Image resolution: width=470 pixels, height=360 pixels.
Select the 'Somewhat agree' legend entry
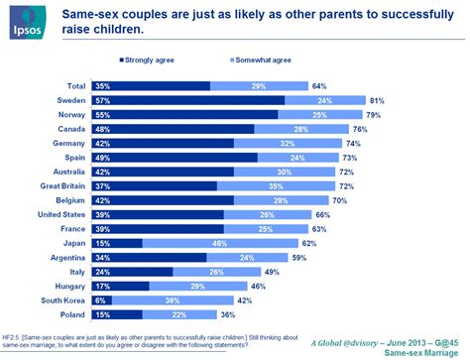tap(237, 60)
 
